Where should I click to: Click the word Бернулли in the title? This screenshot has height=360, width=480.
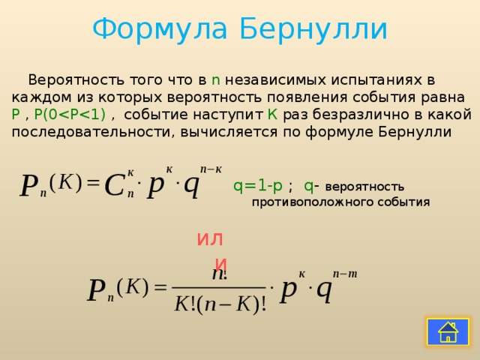tap(313, 30)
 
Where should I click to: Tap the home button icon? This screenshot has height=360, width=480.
tap(448, 331)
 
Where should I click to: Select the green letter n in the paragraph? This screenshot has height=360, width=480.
tap(215, 80)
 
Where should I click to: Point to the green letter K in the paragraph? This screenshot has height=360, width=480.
tap(273, 115)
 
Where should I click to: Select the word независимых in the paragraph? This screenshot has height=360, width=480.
tap(272, 80)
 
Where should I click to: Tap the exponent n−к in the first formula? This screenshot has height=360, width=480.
tap(210, 169)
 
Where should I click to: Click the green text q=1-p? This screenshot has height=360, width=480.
tap(257, 186)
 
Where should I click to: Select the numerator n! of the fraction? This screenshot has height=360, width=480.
tap(219, 274)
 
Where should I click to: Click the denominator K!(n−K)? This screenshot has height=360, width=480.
tap(220, 305)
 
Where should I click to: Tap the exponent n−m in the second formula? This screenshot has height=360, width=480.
tap(345, 274)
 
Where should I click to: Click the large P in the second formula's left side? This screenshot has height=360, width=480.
tap(95, 291)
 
